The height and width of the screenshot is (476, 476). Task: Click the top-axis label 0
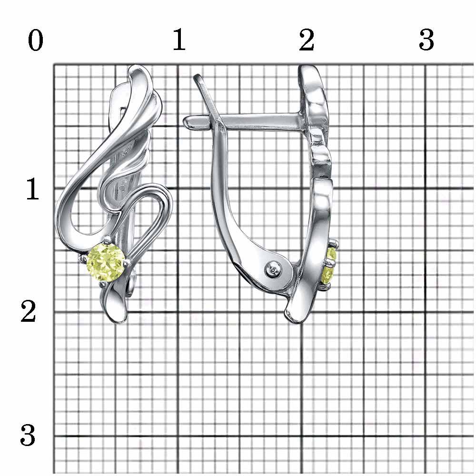pos(36,41)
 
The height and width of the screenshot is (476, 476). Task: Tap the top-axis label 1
pos(179,40)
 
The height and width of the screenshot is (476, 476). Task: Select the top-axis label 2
pos(306,40)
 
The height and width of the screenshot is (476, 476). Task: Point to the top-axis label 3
pos(426,40)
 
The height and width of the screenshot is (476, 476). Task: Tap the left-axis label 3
pos(28,436)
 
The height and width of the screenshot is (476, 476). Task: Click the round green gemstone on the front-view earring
pos(106,263)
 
